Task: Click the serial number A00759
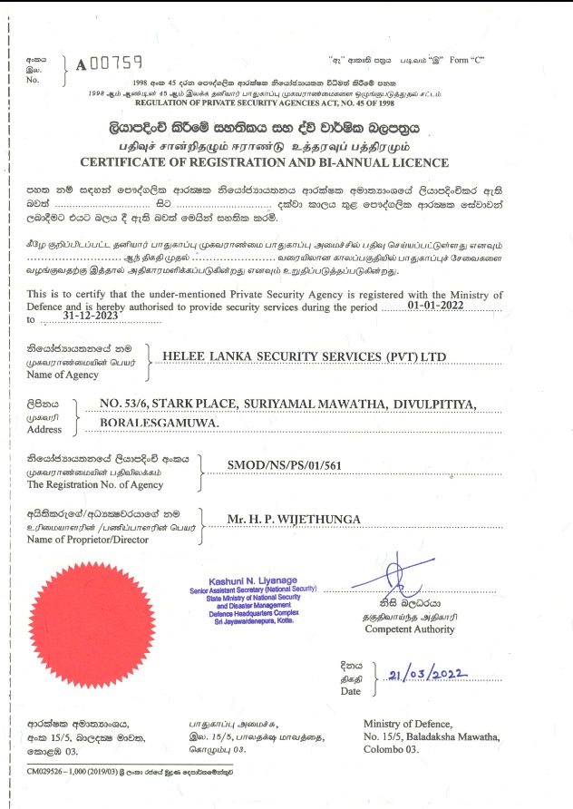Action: click(x=110, y=63)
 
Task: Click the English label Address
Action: click(x=44, y=430)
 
